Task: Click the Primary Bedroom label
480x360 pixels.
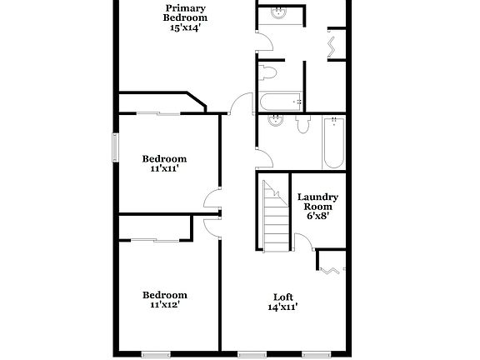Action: (x=185, y=12)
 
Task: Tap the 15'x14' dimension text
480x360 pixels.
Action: (x=185, y=27)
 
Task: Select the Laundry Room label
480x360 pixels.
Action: (x=317, y=202)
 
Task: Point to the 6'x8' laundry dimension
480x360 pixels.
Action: (x=317, y=216)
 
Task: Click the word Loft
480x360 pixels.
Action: (x=283, y=297)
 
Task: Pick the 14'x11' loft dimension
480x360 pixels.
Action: (x=283, y=307)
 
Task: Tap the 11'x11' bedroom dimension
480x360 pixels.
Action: (x=164, y=168)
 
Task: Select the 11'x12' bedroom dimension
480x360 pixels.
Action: (x=164, y=305)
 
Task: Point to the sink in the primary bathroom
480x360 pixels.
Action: (x=278, y=14)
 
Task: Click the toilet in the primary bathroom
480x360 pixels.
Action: (x=268, y=73)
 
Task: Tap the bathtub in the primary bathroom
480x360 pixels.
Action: (x=280, y=102)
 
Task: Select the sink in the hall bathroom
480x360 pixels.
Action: (x=276, y=121)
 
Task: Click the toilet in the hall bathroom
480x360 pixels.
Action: (x=302, y=125)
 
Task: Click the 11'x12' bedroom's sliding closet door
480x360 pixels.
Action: (x=156, y=241)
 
